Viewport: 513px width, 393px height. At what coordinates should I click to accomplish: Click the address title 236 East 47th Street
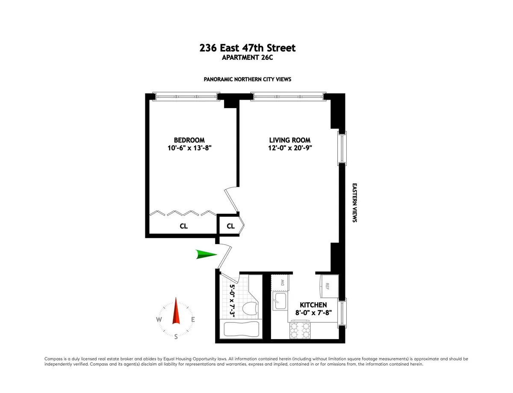248,48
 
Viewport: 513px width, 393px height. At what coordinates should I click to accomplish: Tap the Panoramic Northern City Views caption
248,80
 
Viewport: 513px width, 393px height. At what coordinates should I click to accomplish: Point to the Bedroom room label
189,140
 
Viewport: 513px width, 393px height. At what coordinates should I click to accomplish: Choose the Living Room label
289,140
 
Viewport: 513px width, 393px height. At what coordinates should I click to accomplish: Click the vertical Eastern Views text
354,203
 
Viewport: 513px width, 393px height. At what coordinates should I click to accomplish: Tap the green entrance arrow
206,255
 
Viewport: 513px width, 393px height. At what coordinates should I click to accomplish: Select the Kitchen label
313,305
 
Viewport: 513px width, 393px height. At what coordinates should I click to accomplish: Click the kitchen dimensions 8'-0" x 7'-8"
313,313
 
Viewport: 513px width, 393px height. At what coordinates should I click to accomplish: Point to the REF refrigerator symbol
329,285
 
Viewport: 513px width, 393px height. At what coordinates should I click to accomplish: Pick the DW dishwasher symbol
281,282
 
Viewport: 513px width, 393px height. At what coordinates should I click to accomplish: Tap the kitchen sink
280,300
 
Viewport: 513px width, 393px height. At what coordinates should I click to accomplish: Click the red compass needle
176,312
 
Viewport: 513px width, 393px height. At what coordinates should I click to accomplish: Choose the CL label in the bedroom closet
183,226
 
